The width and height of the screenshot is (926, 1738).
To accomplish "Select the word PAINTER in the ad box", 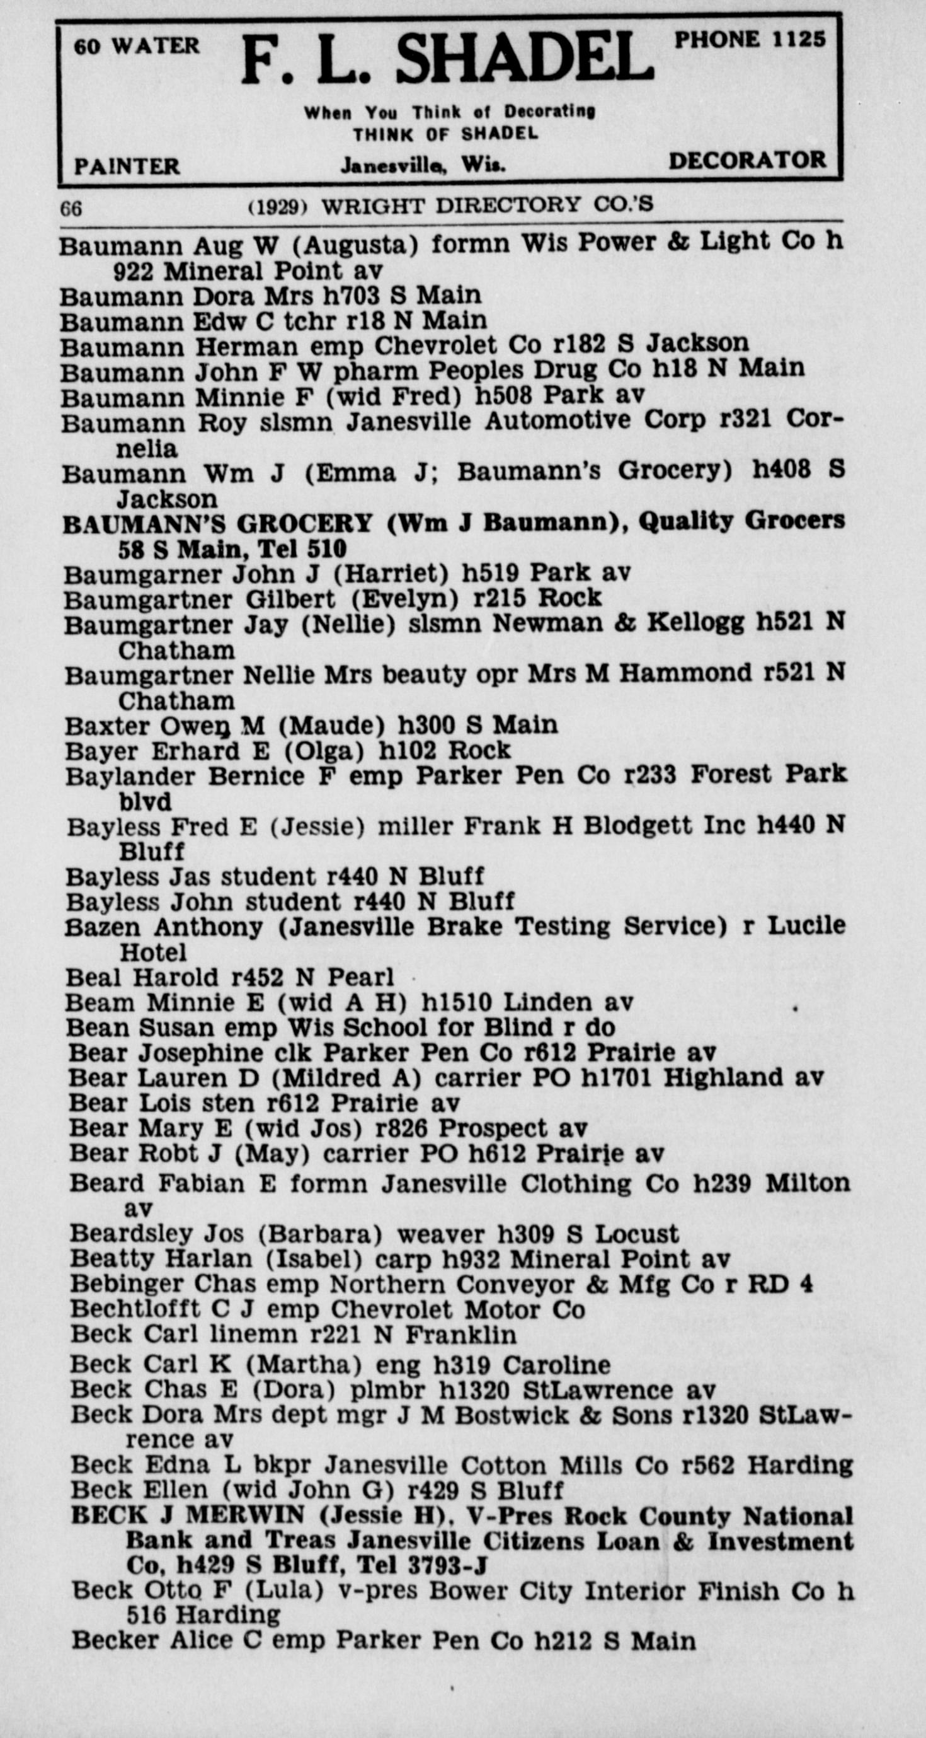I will tap(127, 166).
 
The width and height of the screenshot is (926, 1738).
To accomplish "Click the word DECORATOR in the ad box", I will tap(746, 161).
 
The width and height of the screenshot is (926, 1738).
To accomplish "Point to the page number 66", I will tap(71, 209).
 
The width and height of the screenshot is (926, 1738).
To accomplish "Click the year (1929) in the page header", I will tap(278, 206).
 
